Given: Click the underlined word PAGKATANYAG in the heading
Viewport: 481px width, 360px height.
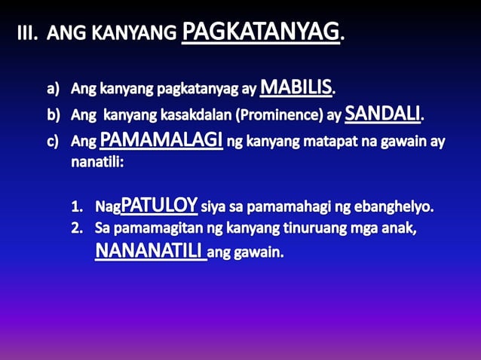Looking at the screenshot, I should pos(261,32).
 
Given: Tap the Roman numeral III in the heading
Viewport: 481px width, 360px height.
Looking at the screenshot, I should pos(28,34).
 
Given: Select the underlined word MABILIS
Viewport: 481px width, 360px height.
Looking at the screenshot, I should pos(296,87).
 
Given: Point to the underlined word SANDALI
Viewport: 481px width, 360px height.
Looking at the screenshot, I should pos(382,114).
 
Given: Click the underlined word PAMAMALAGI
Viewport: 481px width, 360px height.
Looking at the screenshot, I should pos(161,140).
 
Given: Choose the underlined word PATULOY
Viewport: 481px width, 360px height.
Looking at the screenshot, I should pos(159,205).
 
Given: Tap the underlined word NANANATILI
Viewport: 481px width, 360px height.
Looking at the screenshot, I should pos(150,251).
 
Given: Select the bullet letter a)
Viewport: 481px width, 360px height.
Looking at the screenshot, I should pos(54,90).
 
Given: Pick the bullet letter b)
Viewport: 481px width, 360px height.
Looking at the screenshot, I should pos(54,117).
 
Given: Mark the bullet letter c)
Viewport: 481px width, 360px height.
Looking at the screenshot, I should pos(54,142).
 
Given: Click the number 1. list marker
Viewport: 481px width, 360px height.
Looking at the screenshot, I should pos(79,206).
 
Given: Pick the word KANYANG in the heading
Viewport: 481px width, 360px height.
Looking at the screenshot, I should pos(142,35).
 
